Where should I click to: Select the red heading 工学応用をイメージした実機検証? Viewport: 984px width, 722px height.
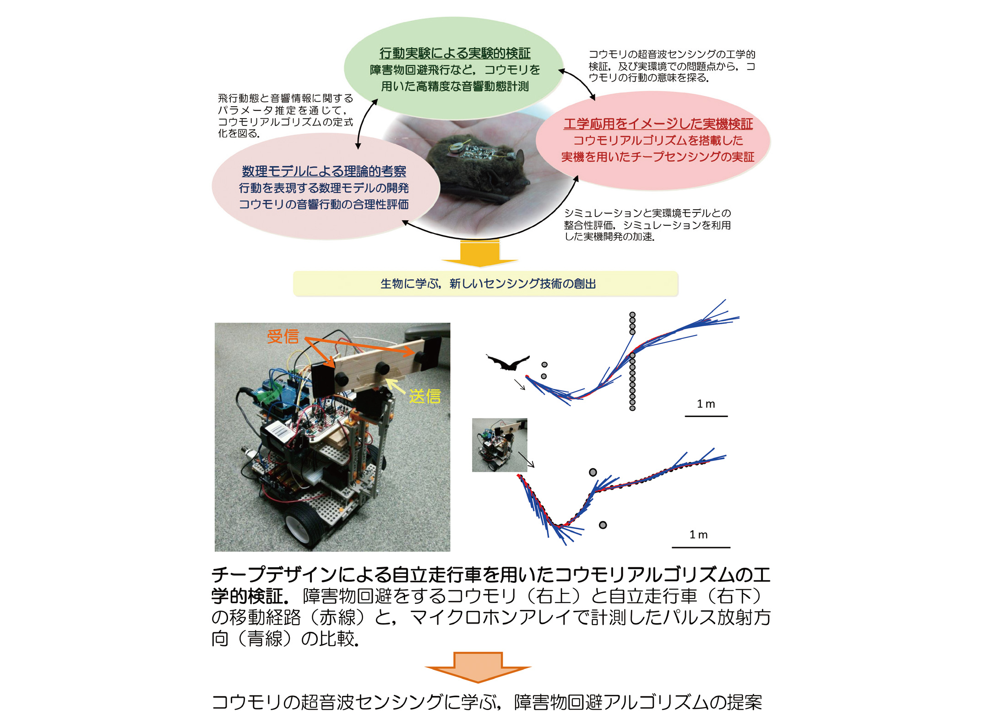coord(658,124)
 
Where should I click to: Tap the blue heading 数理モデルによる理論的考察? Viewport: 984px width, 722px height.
coord(324,171)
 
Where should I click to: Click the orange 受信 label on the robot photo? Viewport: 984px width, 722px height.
coord(283,337)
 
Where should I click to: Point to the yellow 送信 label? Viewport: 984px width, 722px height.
coord(424,396)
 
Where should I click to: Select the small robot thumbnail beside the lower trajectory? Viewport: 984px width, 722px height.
coord(500,445)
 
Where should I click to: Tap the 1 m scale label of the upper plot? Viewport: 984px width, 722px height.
coord(706,404)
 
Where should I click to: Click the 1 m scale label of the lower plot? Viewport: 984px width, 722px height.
coord(699,534)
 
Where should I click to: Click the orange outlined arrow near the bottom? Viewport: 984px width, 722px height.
coord(478,668)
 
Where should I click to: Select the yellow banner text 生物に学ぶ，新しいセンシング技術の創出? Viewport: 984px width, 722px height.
coord(488,284)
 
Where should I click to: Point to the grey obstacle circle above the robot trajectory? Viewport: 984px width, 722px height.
coord(593,472)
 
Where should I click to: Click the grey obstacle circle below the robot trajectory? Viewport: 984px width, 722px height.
coord(603,525)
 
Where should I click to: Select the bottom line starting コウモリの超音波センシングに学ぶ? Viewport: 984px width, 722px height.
coord(487,702)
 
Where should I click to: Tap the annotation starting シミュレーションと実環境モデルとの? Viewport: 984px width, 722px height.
coord(647,225)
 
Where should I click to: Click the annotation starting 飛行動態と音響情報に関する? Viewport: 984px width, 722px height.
coord(285,116)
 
